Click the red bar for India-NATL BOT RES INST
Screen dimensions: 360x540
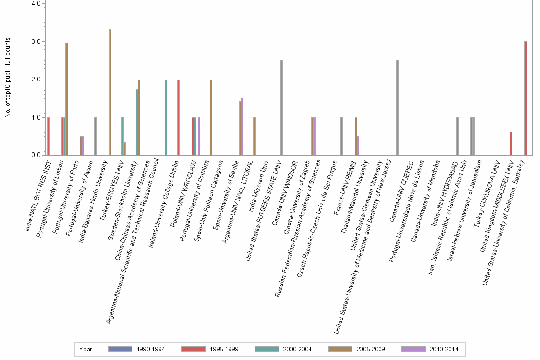coord(48,136)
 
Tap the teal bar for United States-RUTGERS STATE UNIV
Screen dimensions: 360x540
coord(281,108)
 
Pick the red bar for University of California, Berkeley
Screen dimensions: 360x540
coord(525,98)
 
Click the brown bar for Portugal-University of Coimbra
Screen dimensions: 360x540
coord(211,117)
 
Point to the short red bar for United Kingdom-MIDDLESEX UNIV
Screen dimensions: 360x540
coord(511,143)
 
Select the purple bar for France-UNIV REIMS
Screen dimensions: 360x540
coord(358,145)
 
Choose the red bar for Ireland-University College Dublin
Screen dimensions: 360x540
coord(178,117)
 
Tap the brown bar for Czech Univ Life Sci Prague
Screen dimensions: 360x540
coord(341,136)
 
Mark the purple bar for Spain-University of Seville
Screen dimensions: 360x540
coord(242,126)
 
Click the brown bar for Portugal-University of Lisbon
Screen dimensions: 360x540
coord(67,99)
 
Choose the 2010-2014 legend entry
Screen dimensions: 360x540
coord(430,350)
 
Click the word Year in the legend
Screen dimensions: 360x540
coord(86,350)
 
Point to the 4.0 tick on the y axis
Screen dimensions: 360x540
coord(39,4)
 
